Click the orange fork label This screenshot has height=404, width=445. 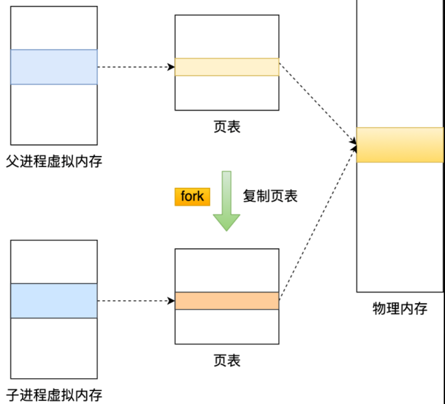[x=192, y=197]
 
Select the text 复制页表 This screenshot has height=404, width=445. [x=270, y=196]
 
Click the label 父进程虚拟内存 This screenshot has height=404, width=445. [x=54, y=162]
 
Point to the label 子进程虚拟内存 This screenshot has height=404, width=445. [x=54, y=395]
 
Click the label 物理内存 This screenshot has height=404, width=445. [x=400, y=308]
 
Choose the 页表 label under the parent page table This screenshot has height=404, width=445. [x=227, y=127]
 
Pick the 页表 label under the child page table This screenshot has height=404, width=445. [x=227, y=360]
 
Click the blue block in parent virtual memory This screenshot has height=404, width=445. [x=54, y=67]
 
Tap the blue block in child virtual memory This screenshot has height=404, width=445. [x=54, y=301]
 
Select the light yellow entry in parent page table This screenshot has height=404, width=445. [x=227, y=67]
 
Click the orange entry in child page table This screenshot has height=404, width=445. [x=227, y=301]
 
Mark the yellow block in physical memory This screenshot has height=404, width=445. [x=400, y=145]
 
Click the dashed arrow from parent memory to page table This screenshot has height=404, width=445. [x=136, y=67]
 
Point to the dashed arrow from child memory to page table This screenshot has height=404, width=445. [x=136, y=301]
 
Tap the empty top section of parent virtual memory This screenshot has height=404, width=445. [x=54, y=28]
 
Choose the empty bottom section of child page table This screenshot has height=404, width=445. [x=227, y=326]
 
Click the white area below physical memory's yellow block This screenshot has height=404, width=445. [x=400, y=226]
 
